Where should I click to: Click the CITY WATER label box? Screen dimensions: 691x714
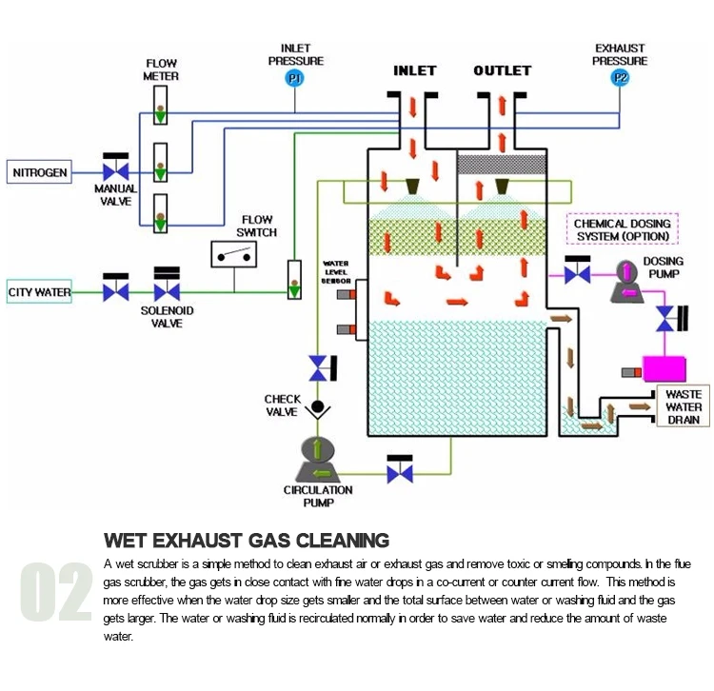coord(40,291)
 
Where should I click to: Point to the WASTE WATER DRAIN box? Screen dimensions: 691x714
coord(684,407)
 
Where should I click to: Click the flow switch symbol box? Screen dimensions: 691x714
coord(234,254)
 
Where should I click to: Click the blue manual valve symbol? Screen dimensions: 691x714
coord(116,172)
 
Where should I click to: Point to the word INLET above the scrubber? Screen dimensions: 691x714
coord(414,71)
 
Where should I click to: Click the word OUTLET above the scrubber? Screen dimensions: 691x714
coord(503,71)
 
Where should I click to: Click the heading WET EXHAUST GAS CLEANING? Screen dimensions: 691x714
coord(246,541)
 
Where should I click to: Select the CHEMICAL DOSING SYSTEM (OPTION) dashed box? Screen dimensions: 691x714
coord(623,229)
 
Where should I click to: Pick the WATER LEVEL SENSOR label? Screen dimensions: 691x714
coord(336,273)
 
